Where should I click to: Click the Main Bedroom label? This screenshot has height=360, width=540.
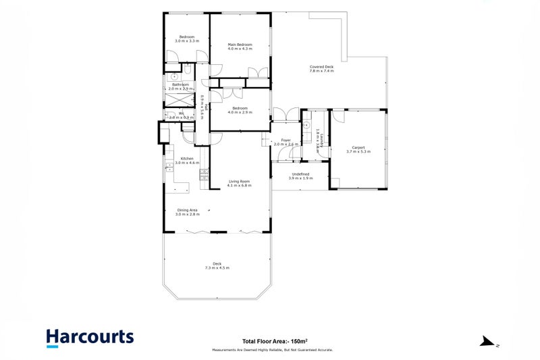(240, 45)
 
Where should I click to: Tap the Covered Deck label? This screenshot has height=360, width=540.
(321, 67)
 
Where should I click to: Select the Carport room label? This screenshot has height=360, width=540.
(358, 147)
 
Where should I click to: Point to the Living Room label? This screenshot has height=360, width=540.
(240, 181)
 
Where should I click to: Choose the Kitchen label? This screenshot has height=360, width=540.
(186, 159)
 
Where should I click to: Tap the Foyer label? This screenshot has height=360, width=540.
(286, 140)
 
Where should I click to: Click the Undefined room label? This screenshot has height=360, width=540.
(299, 174)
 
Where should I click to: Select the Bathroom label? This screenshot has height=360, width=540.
(180, 84)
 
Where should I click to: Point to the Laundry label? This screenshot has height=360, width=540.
(322, 140)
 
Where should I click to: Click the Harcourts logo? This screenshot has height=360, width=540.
(90, 337)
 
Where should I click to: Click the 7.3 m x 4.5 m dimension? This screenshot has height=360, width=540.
(217, 268)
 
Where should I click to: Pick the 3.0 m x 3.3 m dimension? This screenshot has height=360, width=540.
(186, 41)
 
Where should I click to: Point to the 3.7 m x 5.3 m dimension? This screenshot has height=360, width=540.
(358, 152)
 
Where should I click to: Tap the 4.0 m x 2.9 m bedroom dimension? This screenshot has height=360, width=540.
(240, 112)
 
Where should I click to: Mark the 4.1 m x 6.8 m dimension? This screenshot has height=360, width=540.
(240, 185)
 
